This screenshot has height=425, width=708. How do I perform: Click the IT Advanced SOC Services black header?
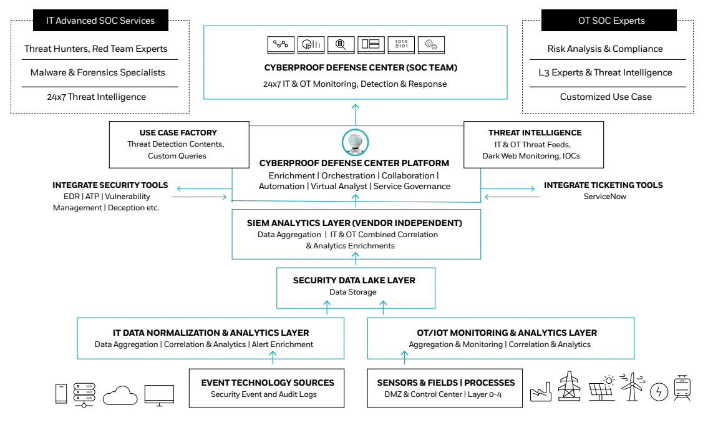(100, 21)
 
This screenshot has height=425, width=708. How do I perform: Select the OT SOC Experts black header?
(608, 21)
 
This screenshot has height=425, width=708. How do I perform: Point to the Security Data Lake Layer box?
(355, 286)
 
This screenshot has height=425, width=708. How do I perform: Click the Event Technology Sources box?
(267, 388)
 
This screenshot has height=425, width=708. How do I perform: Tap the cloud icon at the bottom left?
(120, 395)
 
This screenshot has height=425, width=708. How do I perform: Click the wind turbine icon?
(631, 387)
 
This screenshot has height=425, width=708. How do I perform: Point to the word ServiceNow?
(604, 197)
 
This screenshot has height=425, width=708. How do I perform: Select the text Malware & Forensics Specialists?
(98, 72)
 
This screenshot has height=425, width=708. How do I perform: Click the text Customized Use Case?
(605, 97)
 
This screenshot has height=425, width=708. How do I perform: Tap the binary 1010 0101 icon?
(401, 44)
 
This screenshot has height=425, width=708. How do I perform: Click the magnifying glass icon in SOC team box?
(341, 44)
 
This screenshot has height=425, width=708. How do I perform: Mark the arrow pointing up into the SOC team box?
(355, 112)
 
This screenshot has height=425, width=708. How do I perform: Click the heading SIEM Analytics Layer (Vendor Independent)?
(355, 223)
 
